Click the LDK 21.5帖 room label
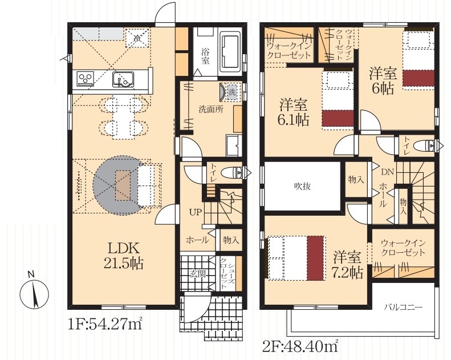point(123,256)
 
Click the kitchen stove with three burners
point(86,78)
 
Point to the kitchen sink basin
point(123,79)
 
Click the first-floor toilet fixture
point(234,173)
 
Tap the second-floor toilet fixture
point(425,145)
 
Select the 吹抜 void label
point(302,187)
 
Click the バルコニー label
point(403,308)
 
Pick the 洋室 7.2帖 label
point(347,265)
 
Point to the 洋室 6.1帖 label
point(294,113)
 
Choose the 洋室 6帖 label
point(383,81)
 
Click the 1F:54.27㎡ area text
point(105,324)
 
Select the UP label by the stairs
point(196,212)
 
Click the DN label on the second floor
point(387,172)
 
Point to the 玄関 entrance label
point(198,273)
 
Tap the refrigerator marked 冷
point(138,38)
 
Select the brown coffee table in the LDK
point(123,185)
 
